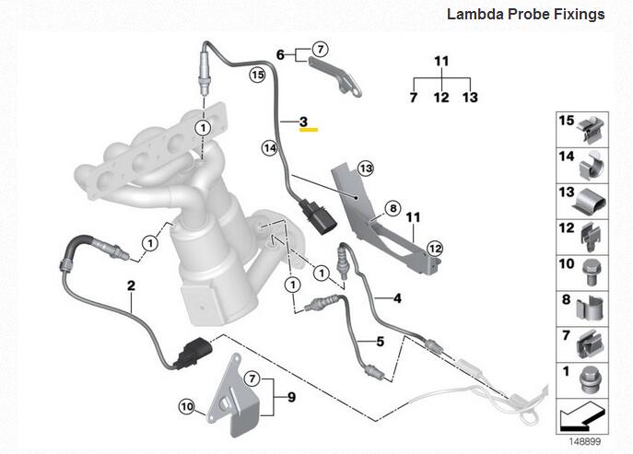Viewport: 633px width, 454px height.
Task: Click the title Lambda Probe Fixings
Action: [x=525, y=15]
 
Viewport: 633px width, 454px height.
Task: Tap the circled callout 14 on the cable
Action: [x=269, y=146]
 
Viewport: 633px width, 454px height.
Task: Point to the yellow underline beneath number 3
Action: [x=308, y=130]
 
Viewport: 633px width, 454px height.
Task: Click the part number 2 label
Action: [x=131, y=286]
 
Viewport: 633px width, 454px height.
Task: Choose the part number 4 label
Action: [x=397, y=298]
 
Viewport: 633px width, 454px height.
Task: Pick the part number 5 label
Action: [x=378, y=341]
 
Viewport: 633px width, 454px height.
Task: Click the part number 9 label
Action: [x=291, y=398]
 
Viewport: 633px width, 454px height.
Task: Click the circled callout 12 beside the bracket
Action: [x=435, y=247]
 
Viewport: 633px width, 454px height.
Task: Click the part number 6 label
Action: [x=280, y=53]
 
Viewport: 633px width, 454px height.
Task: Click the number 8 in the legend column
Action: [x=566, y=300]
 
